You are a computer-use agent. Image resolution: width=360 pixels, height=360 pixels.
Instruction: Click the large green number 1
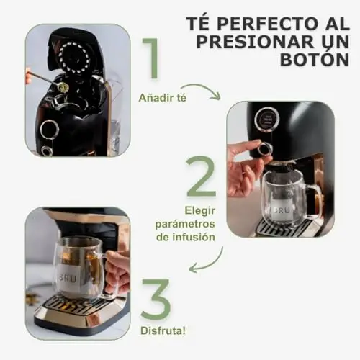pyautogui.click(x=151, y=58)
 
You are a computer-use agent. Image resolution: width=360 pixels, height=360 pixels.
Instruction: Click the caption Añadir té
pyautogui.click(x=163, y=98)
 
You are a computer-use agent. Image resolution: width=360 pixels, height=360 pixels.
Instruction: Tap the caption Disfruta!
pyautogui.click(x=163, y=331)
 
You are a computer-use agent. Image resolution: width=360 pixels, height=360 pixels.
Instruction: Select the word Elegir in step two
pyautogui.click(x=199, y=211)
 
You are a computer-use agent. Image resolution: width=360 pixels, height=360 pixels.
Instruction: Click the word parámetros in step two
pyautogui.click(x=185, y=225)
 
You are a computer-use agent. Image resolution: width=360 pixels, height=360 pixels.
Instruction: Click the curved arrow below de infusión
pyautogui.click(x=207, y=262)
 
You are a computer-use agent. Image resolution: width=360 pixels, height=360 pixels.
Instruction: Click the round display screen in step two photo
pyautogui.click(x=267, y=119)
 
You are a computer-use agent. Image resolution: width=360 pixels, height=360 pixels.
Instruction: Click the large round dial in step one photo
pyautogui.click(x=50, y=128)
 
